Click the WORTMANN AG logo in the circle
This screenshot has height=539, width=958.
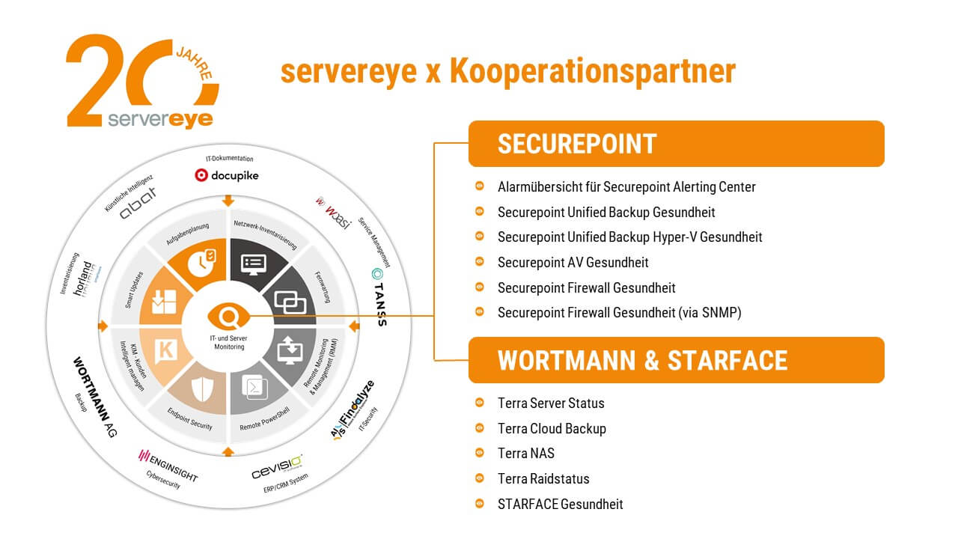pos(93,395)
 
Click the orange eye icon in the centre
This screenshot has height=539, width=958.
pos(228,316)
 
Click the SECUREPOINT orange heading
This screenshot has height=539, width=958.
pos(576,144)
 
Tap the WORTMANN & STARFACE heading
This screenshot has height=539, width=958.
pos(642,360)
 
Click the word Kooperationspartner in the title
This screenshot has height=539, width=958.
pos(593,71)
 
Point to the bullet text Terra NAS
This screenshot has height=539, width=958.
pos(525,453)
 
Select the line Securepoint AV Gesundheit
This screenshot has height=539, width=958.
pos(573,262)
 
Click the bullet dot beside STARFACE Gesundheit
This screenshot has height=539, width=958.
pos(479,504)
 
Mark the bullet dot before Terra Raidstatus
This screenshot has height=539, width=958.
pos(479,478)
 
